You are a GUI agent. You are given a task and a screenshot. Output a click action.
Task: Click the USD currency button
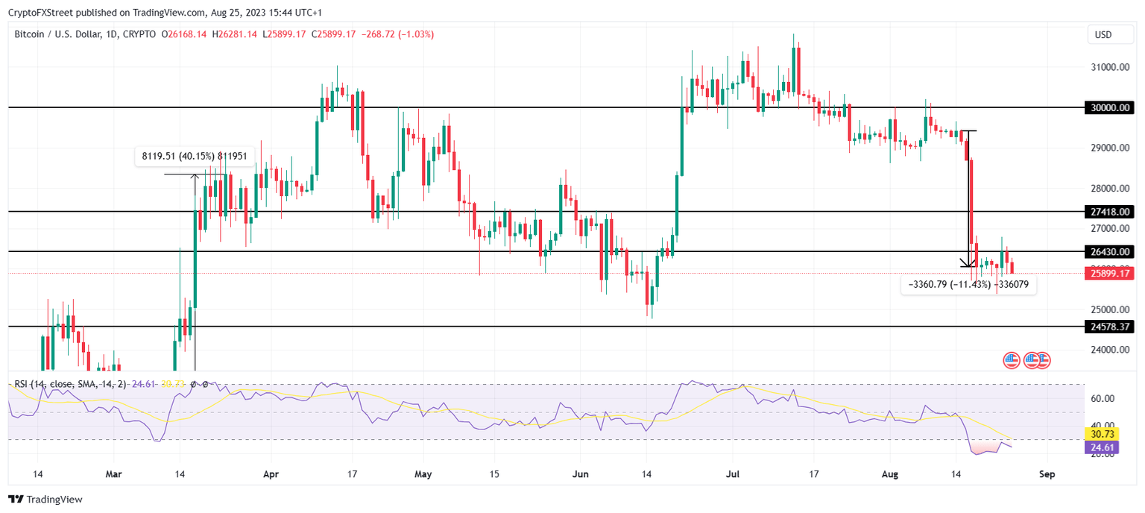tap(1103, 34)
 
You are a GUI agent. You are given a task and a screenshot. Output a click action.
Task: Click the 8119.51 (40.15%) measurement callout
tap(195, 156)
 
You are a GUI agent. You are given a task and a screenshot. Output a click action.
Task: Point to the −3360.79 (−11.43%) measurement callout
tap(968, 284)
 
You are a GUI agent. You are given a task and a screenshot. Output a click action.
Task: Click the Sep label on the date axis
tap(1047, 473)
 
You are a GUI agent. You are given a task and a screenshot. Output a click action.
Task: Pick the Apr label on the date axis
tap(271, 473)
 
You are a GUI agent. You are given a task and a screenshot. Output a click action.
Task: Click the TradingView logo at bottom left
tap(45, 500)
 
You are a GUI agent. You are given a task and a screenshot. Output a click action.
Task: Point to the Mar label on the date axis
tap(113, 473)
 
